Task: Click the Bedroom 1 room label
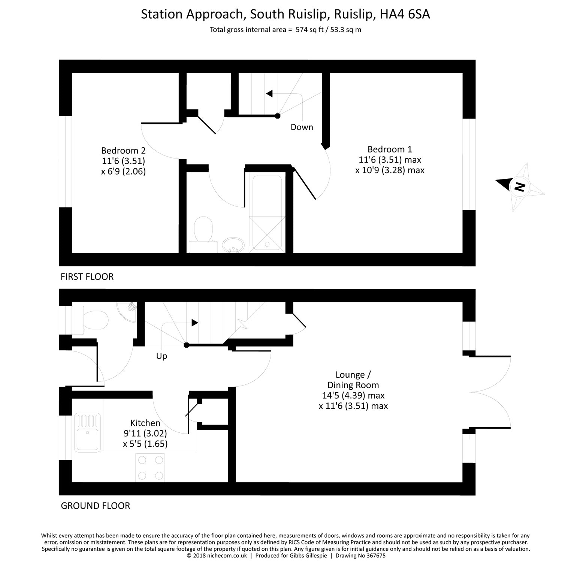click(x=390, y=149)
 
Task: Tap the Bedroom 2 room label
click(x=123, y=151)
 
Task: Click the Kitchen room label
click(x=145, y=423)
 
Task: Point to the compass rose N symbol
click(x=519, y=187)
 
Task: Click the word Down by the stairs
click(x=302, y=127)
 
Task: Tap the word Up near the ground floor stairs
click(x=161, y=356)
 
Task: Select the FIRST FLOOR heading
click(x=87, y=277)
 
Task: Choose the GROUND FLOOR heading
click(x=95, y=506)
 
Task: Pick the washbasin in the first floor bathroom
click(x=233, y=246)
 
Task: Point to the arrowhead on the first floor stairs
click(x=269, y=94)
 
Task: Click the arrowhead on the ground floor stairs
click(x=194, y=323)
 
